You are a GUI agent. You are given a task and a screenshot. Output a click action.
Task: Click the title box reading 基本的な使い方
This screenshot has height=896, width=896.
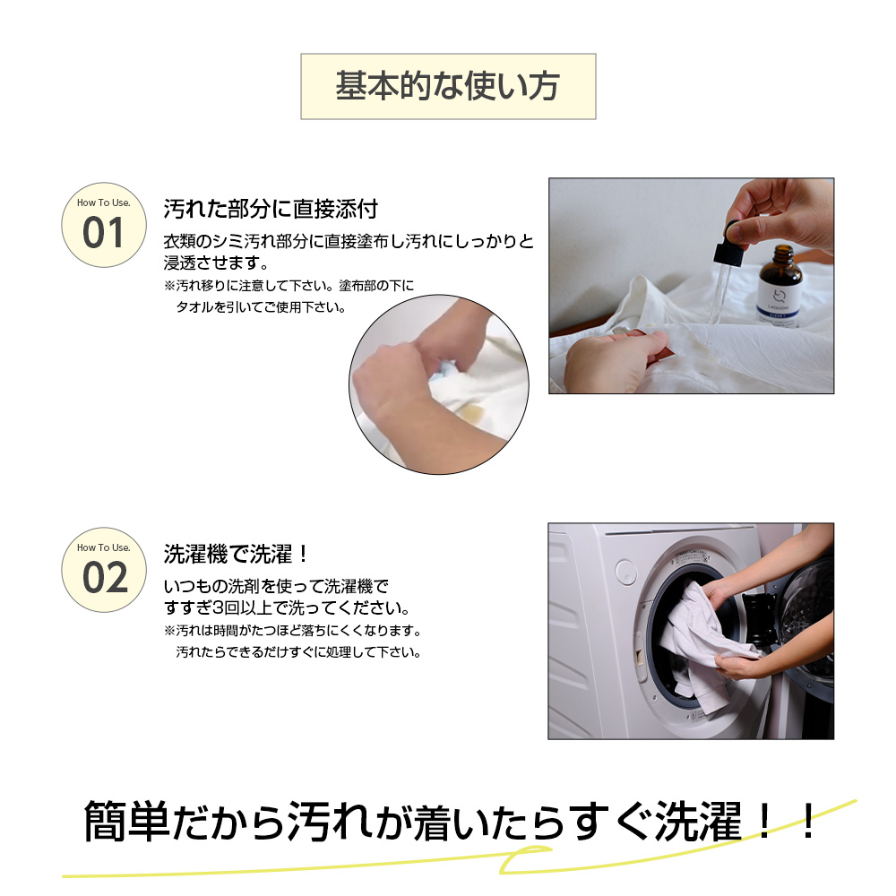(x=448, y=86)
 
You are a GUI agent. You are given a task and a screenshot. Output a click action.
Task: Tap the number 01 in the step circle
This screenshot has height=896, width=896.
(x=103, y=233)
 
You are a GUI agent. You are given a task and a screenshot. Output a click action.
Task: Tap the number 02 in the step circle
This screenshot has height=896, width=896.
(x=105, y=578)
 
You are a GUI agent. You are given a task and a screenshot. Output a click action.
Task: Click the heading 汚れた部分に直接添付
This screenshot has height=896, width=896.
(x=271, y=209)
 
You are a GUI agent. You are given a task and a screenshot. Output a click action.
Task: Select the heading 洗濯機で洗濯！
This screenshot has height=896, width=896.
(x=237, y=554)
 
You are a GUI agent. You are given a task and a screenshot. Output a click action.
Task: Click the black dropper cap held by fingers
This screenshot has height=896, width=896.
(x=728, y=244)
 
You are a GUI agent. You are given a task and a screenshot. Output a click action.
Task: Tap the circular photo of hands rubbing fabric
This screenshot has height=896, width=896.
(x=439, y=384)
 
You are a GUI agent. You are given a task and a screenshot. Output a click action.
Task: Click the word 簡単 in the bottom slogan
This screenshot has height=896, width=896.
(x=126, y=821)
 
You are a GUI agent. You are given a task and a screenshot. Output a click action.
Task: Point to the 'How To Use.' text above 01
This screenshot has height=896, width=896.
(x=103, y=202)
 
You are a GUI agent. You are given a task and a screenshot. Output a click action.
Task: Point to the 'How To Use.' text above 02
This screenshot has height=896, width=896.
(x=103, y=547)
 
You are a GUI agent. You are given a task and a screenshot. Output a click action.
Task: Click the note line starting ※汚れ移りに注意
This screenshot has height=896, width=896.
(x=289, y=285)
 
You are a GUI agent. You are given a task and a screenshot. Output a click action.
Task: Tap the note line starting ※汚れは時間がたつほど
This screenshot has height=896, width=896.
(x=293, y=631)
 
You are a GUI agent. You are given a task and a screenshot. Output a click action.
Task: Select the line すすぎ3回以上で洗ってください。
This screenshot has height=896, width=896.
(x=287, y=607)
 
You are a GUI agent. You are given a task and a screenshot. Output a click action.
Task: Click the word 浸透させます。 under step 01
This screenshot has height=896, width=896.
(x=216, y=263)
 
